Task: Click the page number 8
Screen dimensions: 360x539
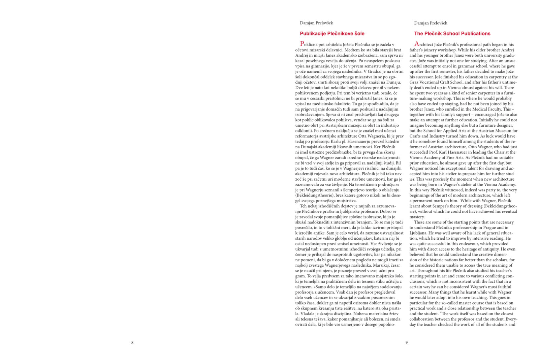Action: click(132, 342)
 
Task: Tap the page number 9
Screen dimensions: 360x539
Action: click(406, 342)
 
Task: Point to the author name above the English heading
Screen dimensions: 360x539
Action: click(431, 23)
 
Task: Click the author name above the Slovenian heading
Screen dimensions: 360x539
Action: click(316, 23)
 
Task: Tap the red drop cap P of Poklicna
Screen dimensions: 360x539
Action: click(302, 44)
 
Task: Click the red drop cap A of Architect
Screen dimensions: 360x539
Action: click(417, 44)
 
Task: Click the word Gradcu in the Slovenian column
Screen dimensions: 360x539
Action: click(378, 71)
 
